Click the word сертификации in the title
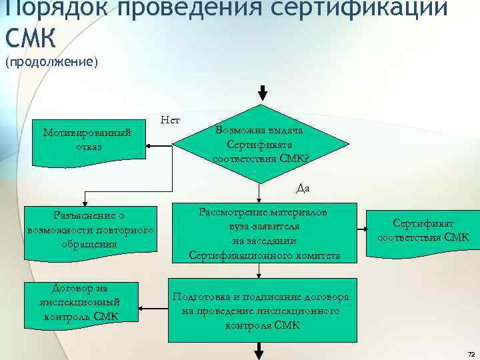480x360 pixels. point(373,8)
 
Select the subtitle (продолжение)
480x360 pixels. point(51,62)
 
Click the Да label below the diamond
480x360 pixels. point(303,189)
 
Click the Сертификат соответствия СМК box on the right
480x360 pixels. point(423,230)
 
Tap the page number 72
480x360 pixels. point(471,353)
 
